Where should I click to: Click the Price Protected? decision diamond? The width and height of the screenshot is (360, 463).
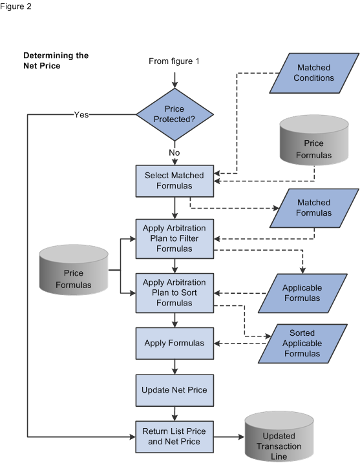click(x=175, y=114)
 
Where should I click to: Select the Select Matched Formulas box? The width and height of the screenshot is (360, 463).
click(x=175, y=181)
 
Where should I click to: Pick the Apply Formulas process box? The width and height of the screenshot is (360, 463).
click(x=175, y=343)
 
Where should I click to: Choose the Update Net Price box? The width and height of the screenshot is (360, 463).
click(x=175, y=390)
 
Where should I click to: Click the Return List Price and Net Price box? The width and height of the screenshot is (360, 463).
click(x=175, y=437)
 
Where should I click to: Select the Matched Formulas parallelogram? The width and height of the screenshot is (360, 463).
click(x=313, y=207)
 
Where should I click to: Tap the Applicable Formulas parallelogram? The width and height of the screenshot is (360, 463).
click(x=301, y=293)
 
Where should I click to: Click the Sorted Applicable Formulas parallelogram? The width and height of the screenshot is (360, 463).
click(x=301, y=343)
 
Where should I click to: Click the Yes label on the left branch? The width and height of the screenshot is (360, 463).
click(x=81, y=114)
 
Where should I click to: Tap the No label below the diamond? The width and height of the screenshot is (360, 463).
click(x=175, y=153)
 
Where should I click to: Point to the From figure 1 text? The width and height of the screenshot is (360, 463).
click(x=175, y=61)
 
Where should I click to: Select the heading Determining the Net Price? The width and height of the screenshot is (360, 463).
click(x=56, y=61)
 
